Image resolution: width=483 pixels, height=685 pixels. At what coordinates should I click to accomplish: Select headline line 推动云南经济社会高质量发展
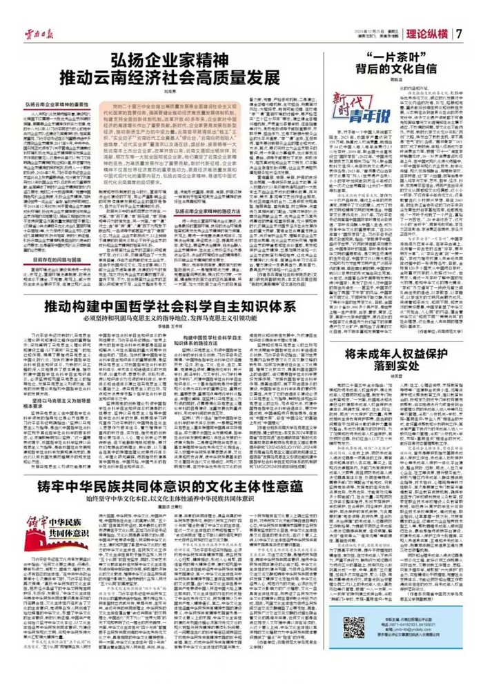point(184,75)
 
